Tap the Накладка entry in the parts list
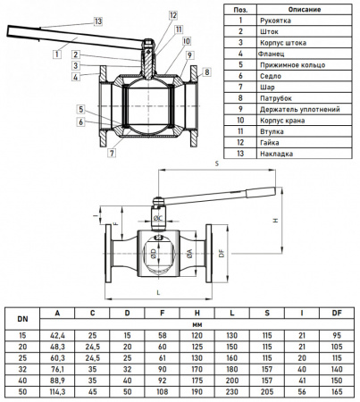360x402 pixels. (x=277, y=153)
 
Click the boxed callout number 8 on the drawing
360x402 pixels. (x=206, y=71)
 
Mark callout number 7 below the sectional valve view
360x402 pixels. (x=112, y=153)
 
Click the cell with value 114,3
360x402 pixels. (x=57, y=391)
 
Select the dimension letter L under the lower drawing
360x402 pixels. (x=157, y=292)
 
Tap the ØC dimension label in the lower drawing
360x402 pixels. (x=157, y=218)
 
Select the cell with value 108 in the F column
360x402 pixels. (x=162, y=391)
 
